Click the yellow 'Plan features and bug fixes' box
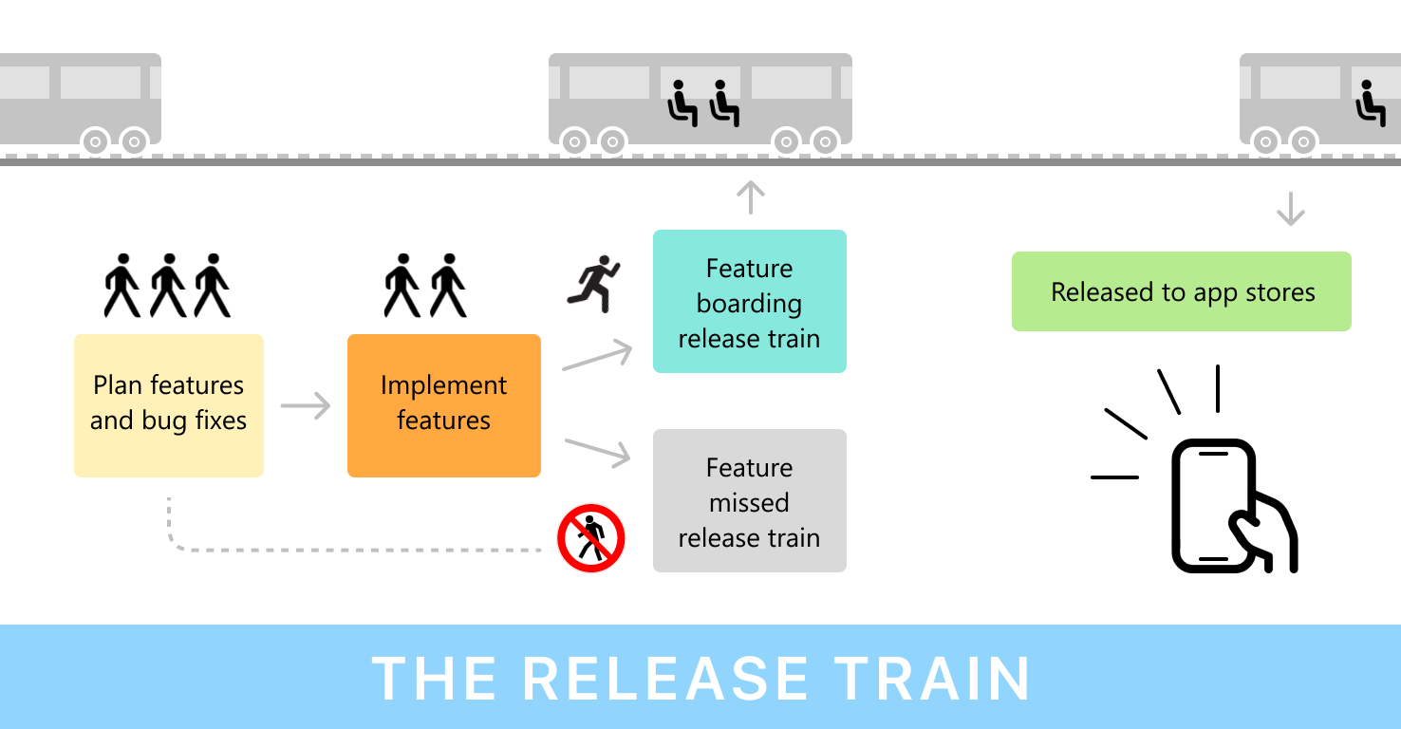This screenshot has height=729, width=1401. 168,404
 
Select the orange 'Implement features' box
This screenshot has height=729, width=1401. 443,404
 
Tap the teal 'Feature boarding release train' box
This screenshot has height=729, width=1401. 749,302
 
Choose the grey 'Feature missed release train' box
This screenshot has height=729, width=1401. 749,501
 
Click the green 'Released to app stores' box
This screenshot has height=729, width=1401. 1181,291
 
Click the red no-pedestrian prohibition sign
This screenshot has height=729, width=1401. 590,538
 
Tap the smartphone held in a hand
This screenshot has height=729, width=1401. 1215,506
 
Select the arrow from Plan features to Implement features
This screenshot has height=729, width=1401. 306,406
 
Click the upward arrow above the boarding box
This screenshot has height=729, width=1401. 750,197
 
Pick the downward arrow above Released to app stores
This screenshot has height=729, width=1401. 1290,209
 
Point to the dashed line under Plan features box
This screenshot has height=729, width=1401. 351,550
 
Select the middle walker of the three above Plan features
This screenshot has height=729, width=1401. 168,285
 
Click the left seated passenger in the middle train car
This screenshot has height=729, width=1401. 682,103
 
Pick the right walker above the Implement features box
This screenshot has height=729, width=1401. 448,285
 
